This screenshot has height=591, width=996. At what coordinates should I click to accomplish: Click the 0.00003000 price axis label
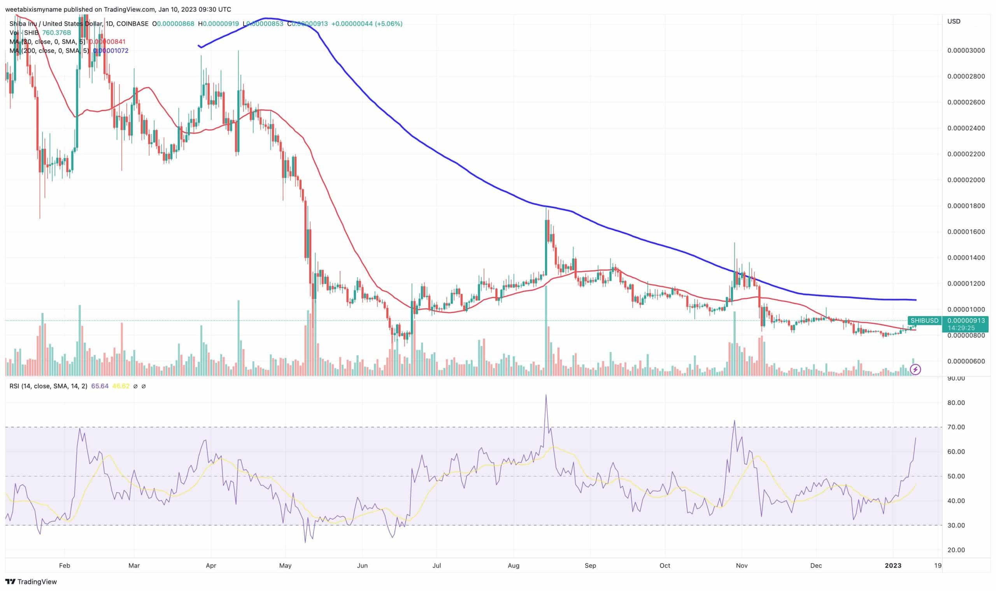(x=966, y=50)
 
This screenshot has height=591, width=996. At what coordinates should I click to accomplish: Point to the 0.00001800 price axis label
(x=966, y=206)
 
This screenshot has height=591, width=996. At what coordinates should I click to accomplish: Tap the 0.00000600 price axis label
(x=966, y=361)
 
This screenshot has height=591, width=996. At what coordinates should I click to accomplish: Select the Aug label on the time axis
(x=513, y=566)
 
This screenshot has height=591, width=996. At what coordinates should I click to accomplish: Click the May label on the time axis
(x=285, y=566)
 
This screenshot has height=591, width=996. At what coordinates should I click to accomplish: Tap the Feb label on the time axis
(x=64, y=566)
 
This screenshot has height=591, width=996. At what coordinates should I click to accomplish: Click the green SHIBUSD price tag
(x=924, y=320)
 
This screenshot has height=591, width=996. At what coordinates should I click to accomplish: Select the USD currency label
(x=954, y=21)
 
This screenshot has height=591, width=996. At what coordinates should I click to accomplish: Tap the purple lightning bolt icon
(x=915, y=369)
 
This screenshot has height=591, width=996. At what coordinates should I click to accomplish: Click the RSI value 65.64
(x=100, y=386)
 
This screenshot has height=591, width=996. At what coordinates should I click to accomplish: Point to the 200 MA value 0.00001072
(x=110, y=51)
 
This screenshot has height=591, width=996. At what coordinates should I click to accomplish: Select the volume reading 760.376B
(x=56, y=33)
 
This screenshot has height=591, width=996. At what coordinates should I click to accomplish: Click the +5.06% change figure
(x=389, y=24)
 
